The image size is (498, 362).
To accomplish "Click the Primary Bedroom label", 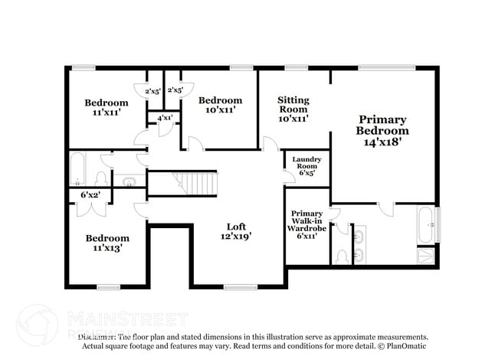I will point(383,125).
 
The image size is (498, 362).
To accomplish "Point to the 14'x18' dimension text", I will point(383,142).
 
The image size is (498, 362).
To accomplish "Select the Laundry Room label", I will point(306,162).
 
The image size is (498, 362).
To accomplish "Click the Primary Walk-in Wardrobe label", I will point(307,221).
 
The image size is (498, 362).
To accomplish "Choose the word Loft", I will point(236,227).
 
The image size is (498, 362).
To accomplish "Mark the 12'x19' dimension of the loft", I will point(236,237).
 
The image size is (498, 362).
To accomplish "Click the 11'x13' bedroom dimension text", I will point(106,248).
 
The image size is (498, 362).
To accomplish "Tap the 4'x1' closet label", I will point(165,119).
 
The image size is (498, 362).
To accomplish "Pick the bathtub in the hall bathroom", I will point(78,170).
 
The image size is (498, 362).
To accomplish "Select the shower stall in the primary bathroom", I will point(427,256).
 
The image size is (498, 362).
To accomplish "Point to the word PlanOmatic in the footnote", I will point(404,346).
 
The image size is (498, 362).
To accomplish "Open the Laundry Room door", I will point(288,179).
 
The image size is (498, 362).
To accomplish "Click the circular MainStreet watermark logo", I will point(37,324).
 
